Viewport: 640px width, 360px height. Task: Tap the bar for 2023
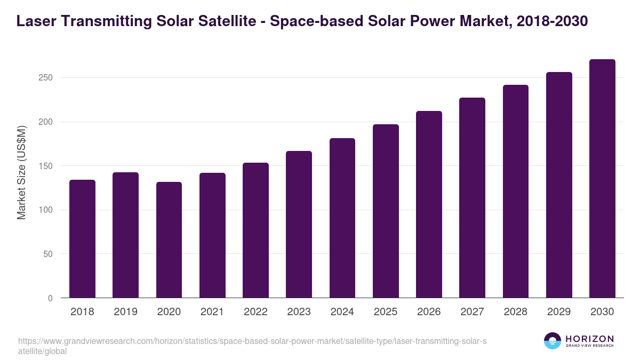point(299,225)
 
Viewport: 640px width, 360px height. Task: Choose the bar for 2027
point(472,198)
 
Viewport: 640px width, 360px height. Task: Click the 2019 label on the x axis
point(125,312)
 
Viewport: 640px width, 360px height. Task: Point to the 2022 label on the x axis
point(255,312)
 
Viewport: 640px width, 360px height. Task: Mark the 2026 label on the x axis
point(429,312)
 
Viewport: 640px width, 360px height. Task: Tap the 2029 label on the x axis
point(559,312)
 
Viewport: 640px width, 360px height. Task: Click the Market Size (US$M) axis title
point(21,173)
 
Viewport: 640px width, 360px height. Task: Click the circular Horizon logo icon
point(553,341)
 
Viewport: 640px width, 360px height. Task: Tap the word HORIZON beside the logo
point(589,338)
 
